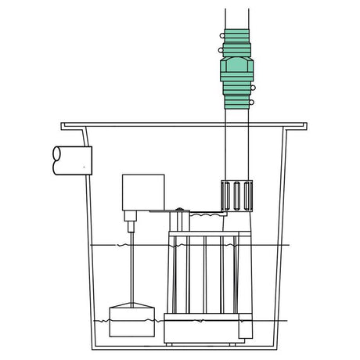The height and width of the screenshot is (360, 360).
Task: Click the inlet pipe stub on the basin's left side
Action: tap(69, 159)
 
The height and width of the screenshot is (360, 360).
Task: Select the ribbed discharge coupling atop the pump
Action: tap(234, 196)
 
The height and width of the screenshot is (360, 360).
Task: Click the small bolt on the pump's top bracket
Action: tap(181, 209)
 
